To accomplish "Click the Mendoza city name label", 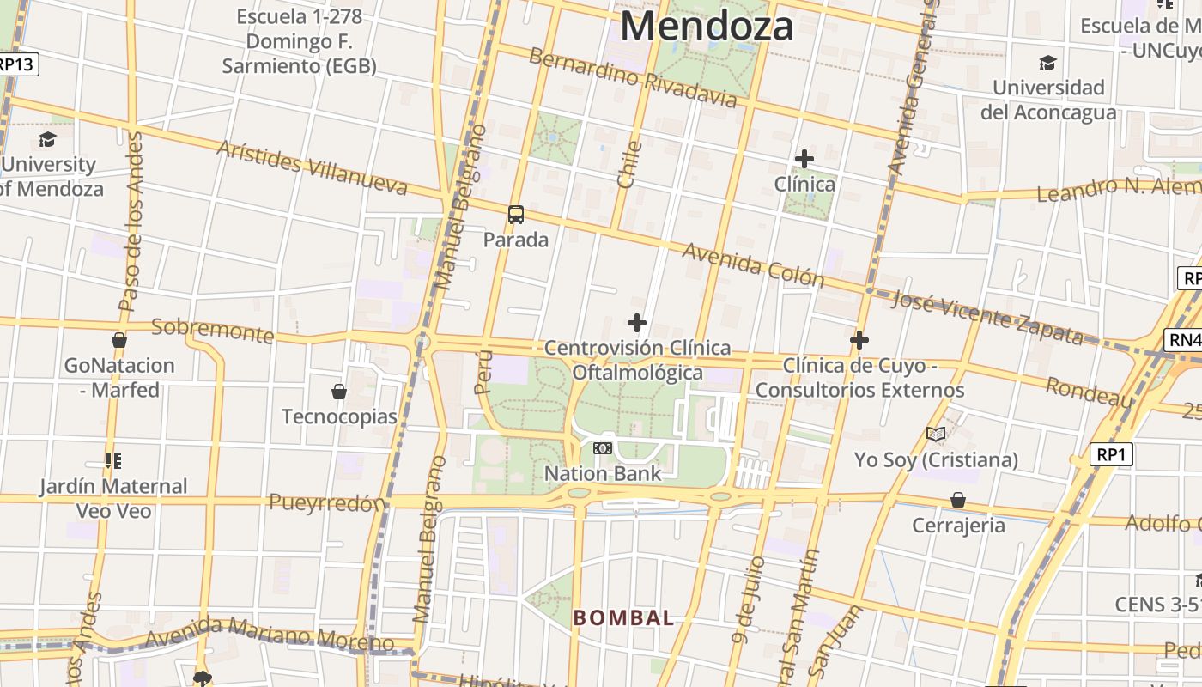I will [706, 26].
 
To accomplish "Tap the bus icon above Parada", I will [515, 215].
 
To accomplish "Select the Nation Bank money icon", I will [603, 448].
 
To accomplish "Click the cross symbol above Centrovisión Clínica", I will [636, 323].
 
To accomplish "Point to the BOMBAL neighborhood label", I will [623, 617].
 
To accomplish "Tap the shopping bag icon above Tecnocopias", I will [339, 392].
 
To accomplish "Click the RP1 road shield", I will [1111, 454].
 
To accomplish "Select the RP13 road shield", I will [17, 64].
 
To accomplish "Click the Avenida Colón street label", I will [753, 264].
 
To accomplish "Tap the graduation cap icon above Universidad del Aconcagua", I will [1047, 63].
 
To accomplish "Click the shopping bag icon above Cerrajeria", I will [958, 500].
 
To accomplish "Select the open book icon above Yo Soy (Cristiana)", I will [935, 435].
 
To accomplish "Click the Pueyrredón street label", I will [327, 503].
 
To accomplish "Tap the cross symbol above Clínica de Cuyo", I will [859, 340].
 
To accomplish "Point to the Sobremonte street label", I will [212, 330].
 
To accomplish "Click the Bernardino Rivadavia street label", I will [633, 78].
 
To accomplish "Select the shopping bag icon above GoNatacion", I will [119, 340].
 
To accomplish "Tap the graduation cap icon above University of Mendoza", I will [47, 139].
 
